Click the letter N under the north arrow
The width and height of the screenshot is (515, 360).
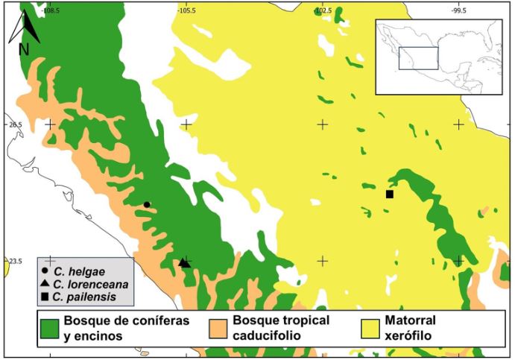23,50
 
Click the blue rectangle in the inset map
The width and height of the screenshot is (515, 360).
418,58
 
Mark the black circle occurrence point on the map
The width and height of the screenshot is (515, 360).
147,204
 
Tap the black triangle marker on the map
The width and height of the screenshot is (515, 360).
183,262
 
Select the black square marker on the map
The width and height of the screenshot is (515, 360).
389,195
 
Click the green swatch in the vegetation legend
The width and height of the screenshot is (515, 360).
49,328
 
